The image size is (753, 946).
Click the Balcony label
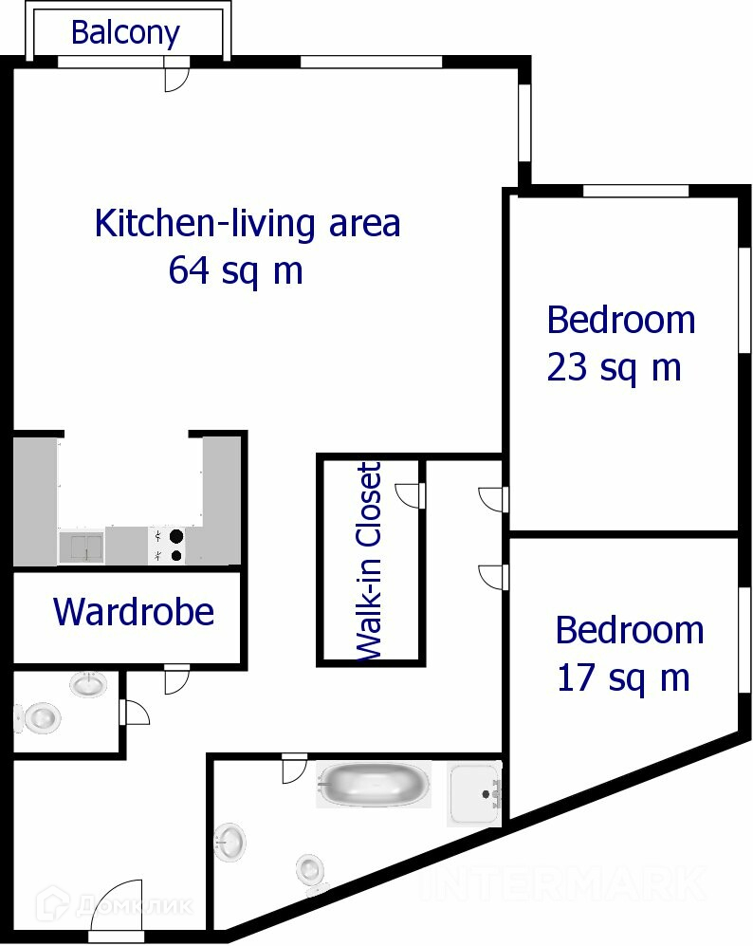pos(125,33)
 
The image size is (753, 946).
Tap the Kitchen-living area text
pos(248,224)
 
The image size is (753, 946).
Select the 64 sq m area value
pos(235,270)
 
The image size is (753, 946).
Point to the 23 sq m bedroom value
pos(614,367)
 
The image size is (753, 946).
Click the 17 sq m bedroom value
pos(623,678)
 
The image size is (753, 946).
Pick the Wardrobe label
pos(134,612)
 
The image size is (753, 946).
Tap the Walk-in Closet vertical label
pos(369,562)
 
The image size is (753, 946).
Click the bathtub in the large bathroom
pos(374,784)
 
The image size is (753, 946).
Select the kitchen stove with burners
pos(167,546)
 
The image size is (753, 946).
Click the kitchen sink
pos(82,547)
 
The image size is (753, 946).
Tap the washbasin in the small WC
pos(88,684)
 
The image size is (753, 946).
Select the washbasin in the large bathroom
pos(230,843)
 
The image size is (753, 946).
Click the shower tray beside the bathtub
pos(474,793)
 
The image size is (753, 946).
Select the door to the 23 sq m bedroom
pos(493,499)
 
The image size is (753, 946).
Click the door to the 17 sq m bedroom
pos(493,577)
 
